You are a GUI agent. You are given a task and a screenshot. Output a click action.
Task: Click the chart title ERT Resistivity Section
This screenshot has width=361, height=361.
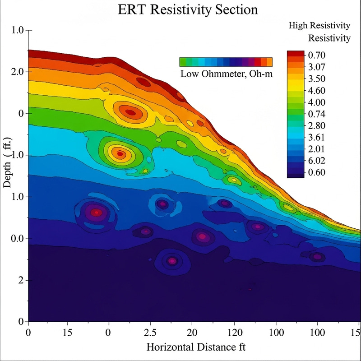tap(180, 10)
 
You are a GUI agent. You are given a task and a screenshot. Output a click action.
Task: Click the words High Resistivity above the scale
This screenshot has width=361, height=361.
tap(319, 26)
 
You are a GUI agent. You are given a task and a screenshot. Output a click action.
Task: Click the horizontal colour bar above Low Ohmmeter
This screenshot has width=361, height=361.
tap(226, 62)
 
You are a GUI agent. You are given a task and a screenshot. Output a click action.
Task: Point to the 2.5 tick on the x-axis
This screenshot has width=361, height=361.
tap(150, 332)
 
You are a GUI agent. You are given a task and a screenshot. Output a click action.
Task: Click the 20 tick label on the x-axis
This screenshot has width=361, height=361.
tap(192, 332)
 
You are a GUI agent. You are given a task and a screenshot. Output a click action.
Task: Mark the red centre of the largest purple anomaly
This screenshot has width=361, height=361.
tap(95, 213)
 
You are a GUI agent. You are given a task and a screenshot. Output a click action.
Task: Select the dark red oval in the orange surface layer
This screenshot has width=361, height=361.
tap(143, 82)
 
